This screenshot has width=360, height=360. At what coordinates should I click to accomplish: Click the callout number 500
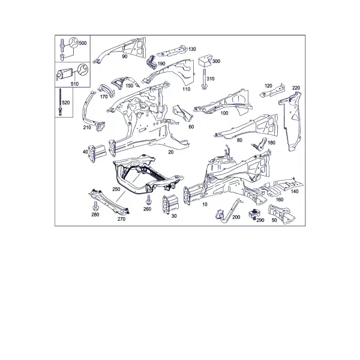point(83,43)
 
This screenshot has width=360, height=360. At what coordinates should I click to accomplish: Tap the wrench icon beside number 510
point(82,70)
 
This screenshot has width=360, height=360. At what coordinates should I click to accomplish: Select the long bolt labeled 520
point(61,102)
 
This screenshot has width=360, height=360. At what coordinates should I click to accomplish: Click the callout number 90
point(124,56)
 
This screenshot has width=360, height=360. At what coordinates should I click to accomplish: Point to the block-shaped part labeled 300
point(205,61)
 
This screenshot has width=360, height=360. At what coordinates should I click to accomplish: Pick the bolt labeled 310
point(203,79)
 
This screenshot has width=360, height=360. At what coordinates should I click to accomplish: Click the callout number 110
point(186,89)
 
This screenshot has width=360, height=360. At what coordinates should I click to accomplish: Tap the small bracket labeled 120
point(272,92)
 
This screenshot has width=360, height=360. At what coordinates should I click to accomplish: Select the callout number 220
point(296,88)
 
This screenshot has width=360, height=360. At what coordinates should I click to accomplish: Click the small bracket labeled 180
point(259,145)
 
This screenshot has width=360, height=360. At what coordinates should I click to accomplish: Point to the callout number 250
point(116,189)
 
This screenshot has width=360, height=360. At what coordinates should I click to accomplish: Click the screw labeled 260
point(149,200)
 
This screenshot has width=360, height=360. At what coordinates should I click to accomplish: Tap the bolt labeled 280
point(95,206)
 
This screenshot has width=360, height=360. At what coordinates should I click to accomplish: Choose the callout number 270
point(121,219)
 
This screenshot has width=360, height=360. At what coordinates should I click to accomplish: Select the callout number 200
point(236,217)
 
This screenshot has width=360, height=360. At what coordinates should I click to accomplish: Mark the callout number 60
point(191,127)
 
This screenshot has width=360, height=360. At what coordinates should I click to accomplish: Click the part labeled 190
point(151,62)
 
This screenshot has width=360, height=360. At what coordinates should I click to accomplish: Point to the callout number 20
point(171,152)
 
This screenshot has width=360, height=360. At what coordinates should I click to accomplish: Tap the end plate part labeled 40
point(97,152)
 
